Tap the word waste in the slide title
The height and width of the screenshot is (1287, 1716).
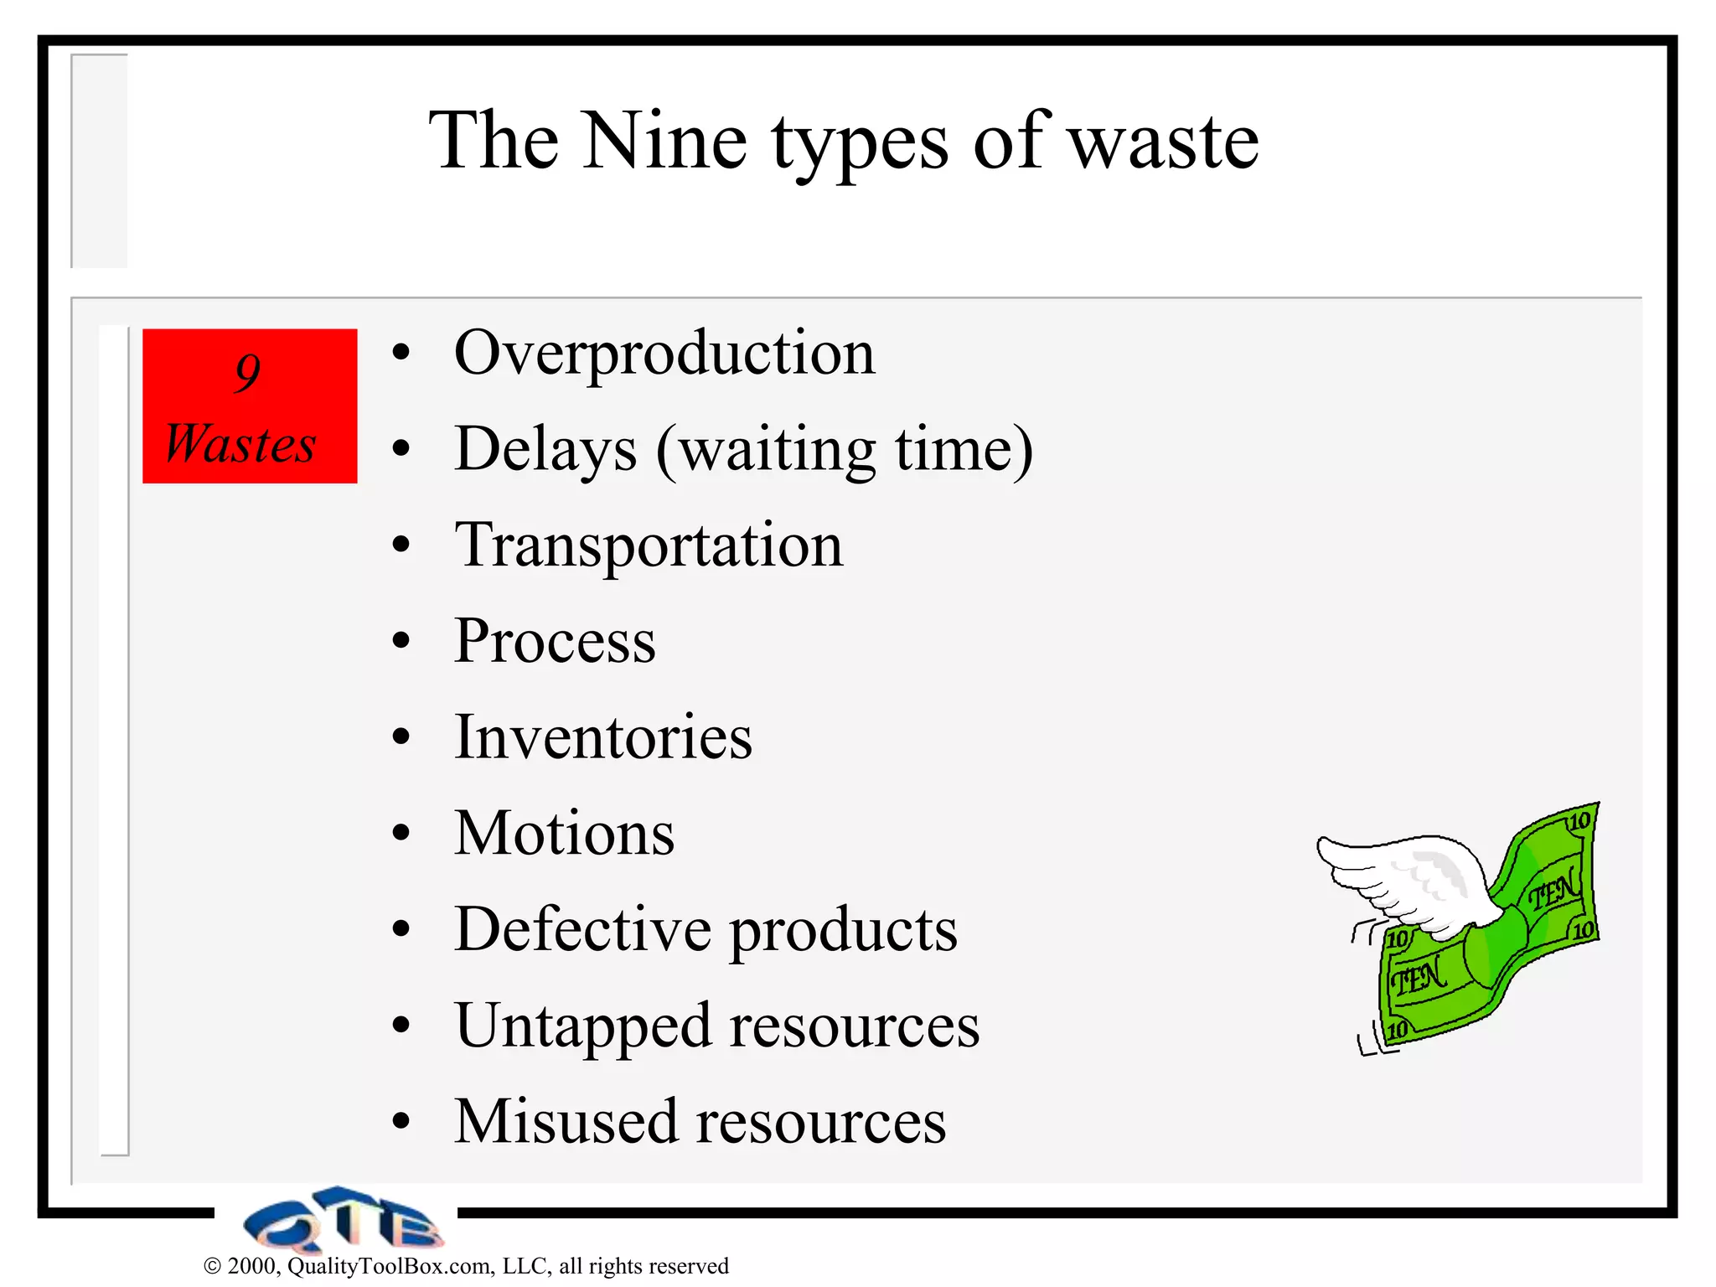tap(1164, 142)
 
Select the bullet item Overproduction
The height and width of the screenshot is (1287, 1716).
tap(664, 354)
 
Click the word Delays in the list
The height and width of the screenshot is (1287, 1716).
tap(545, 450)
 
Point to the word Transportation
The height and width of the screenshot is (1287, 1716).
tap(649, 545)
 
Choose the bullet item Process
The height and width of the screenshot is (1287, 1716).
tap(555, 642)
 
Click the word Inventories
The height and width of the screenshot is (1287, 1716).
tap(603, 737)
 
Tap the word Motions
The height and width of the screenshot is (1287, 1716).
tap(564, 834)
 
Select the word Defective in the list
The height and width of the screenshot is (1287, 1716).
tap(582, 929)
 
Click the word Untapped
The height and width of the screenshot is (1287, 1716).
tap(583, 1027)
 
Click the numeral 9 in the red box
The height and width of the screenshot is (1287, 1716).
tap(248, 372)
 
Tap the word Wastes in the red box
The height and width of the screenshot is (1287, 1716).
tap(240, 443)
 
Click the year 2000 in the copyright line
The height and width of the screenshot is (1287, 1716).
tap(252, 1266)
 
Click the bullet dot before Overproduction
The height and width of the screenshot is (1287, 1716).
tap(401, 354)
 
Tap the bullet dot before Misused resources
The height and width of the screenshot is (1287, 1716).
tap(401, 1122)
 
